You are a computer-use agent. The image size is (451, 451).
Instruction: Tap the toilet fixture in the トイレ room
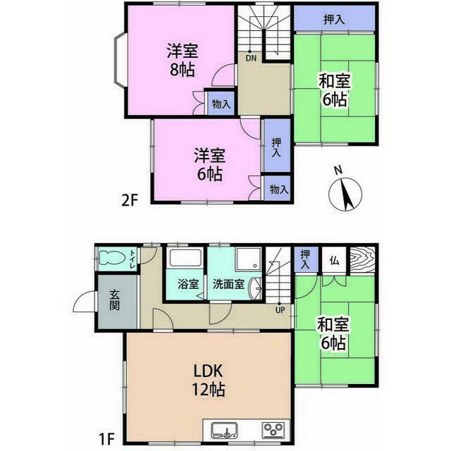pyautogui.click(x=111, y=258)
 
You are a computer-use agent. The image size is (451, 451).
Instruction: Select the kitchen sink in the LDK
pyautogui.click(x=224, y=431)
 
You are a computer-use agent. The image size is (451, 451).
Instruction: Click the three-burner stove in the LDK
pyautogui.click(x=273, y=431)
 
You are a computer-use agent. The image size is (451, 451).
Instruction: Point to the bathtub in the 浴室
pyautogui.click(x=185, y=258)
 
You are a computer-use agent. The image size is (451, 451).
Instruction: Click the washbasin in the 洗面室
pyautogui.click(x=255, y=288)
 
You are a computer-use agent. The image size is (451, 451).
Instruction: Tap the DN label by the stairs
pyautogui.click(x=251, y=58)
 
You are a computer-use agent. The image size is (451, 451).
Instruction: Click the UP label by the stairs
pyautogui.click(x=280, y=310)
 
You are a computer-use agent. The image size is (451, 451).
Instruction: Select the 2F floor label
pyautogui.click(x=130, y=200)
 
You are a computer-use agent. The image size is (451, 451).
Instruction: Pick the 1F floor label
pyautogui.click(x=106, y=439)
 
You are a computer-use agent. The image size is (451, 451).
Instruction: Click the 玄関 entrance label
pyautogui.click(x=114, y=300)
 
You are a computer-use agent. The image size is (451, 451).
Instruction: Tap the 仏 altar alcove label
pyautogui.click(x=334, y=261)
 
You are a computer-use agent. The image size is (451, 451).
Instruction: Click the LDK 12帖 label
pyautogui.click(x=209, y=381)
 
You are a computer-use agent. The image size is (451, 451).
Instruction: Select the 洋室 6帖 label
pyautogui.click(x=209, y=164)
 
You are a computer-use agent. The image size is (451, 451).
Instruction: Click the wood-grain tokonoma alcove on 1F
pyautogui.click(x=363, y=259)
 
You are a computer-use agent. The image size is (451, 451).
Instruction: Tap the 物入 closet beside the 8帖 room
pyautogui.click(x=221, y=104)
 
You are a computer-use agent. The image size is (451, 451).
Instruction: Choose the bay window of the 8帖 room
pyautogui.click(x=120, y=60)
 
